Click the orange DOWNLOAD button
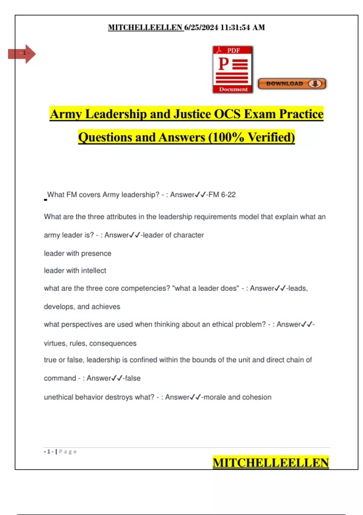[292, 84]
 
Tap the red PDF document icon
[233, 69]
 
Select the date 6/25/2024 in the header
[201, 28]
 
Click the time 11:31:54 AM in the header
[242, 28]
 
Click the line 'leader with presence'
[77, 253]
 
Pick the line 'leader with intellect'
[75, 271]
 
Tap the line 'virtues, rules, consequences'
[90, 343]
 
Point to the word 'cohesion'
[258, 397]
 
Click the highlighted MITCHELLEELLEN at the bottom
[270, 463]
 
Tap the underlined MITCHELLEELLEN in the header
[146, 28]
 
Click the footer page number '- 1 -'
[49, 452]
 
